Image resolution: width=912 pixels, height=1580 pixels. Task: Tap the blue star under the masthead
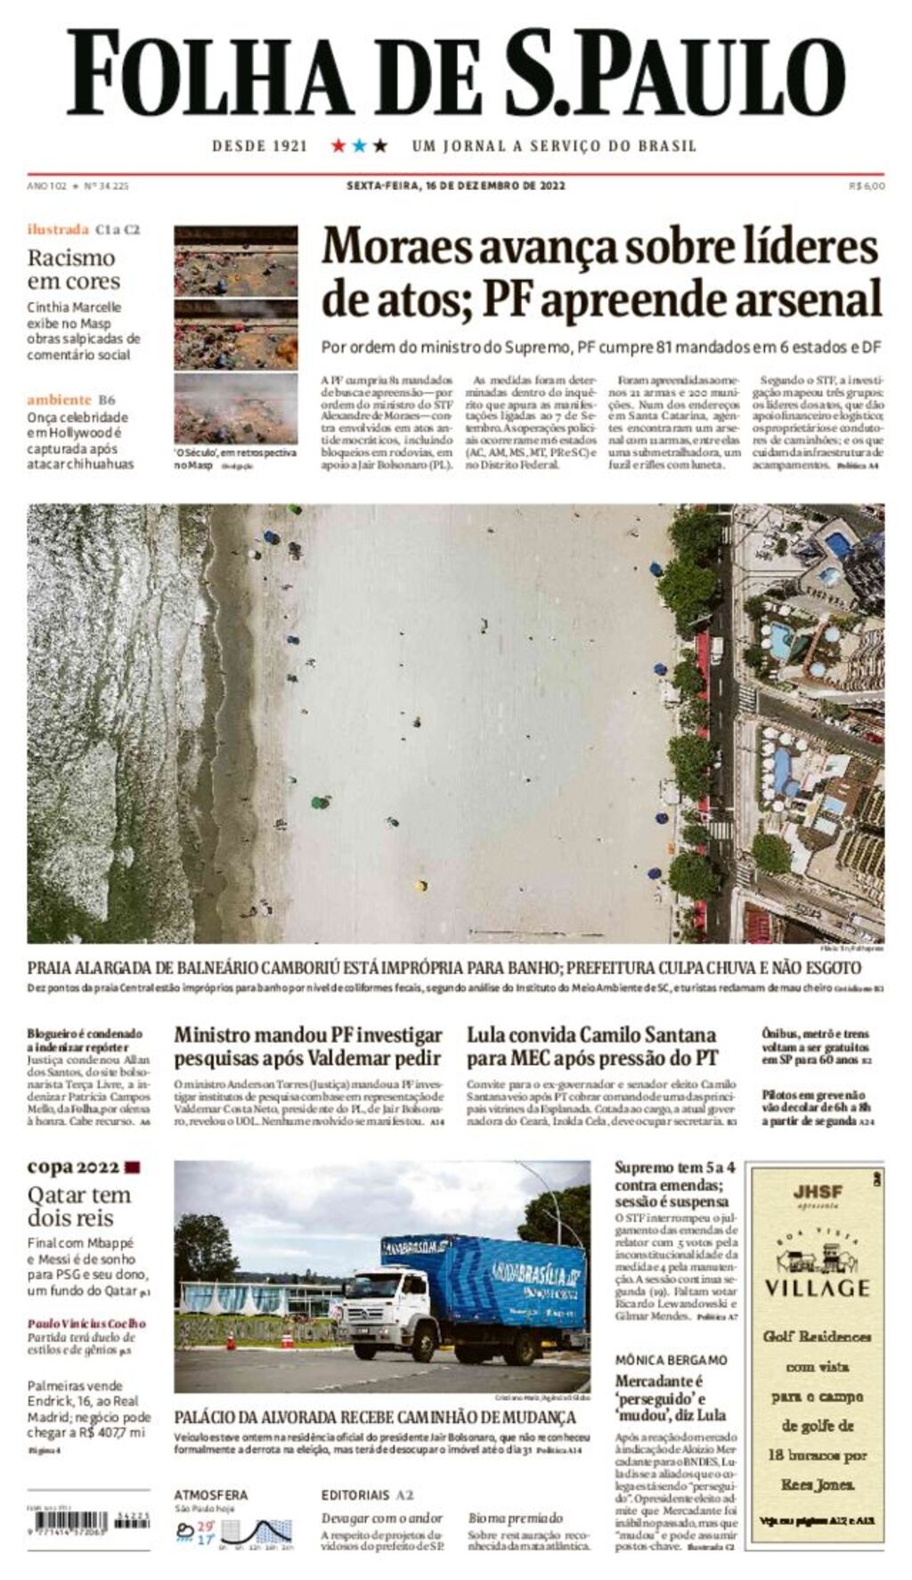pos(359,145)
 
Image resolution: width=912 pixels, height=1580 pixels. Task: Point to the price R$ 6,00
pos(866,186)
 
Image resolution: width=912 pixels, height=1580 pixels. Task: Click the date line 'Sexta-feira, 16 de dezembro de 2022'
pos(455,186)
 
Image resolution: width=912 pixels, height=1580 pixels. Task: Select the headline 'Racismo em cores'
pos(72,269)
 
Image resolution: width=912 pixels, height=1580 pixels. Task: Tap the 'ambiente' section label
pos(60,400)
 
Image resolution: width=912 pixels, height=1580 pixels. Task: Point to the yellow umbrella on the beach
pos(421,885)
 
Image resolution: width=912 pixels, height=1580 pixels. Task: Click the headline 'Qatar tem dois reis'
pos(78,1207)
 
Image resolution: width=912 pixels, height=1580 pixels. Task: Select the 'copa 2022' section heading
pos(73,1167)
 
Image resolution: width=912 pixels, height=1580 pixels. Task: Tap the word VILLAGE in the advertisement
pos(817,1288)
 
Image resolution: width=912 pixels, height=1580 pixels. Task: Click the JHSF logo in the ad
pos(817,1192)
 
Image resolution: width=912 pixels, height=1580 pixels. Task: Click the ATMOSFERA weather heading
pos(211,1494)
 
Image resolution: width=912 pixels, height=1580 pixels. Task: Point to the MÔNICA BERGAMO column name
pos(671,1360)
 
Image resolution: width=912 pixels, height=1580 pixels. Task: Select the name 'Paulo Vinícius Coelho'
pos(86,1323)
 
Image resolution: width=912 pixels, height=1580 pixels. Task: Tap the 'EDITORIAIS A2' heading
pos(367,1494)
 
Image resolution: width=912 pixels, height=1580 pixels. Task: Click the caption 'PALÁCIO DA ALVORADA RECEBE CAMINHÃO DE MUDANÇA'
pos(375,1417)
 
